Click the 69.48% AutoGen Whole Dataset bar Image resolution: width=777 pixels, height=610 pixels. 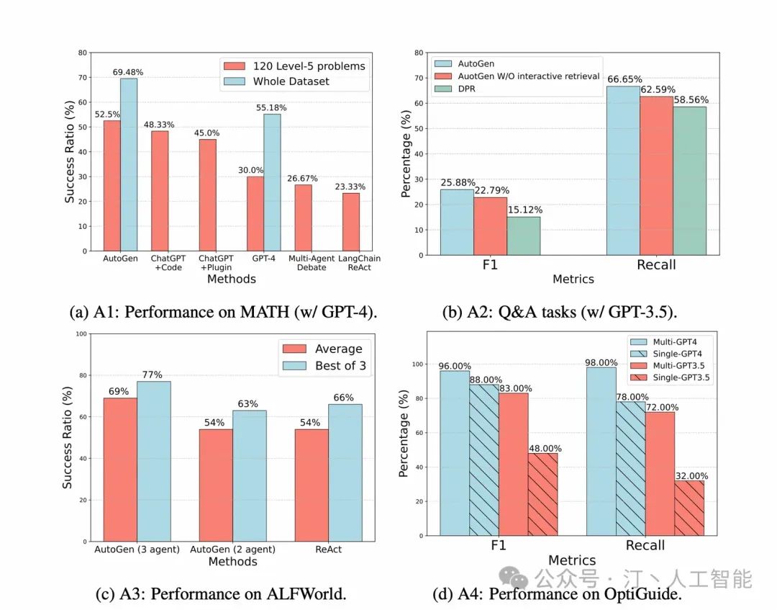[x=129, y=164]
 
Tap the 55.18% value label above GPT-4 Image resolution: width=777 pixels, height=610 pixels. [x=273, y=107]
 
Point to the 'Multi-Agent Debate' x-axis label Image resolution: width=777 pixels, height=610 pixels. [x=308, y=263]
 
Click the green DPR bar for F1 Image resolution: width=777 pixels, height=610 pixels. [x=524, y=236]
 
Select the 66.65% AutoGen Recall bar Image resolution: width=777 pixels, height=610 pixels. [x=623, y=170]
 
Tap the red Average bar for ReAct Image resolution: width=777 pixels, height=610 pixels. [x=312, y=485]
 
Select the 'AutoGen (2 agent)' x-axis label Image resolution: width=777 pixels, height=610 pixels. [x=232, y=550]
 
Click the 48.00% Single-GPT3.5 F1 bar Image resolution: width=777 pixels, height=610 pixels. [x=543, y=494]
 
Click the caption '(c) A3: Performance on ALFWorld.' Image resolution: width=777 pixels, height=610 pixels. [x=221, y=594]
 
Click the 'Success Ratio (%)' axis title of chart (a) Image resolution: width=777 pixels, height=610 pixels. [x=70, y=152]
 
